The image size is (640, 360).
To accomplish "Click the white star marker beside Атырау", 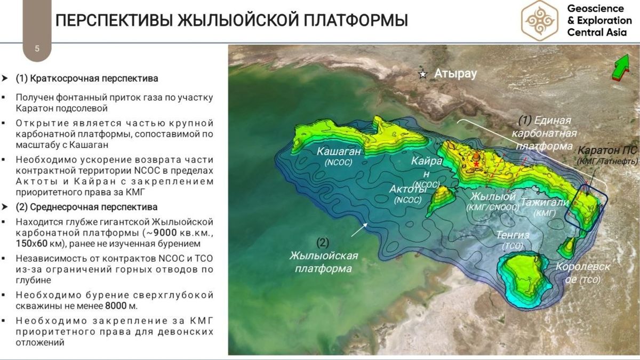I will (423, 75).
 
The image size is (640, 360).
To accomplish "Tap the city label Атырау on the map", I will (455, 74).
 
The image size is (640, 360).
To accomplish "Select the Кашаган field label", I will (339, 151).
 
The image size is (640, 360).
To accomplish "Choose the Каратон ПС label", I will (607, 150).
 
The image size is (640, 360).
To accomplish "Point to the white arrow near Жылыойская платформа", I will (359, 230).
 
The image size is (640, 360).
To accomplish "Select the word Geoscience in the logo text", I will (595, 9).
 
